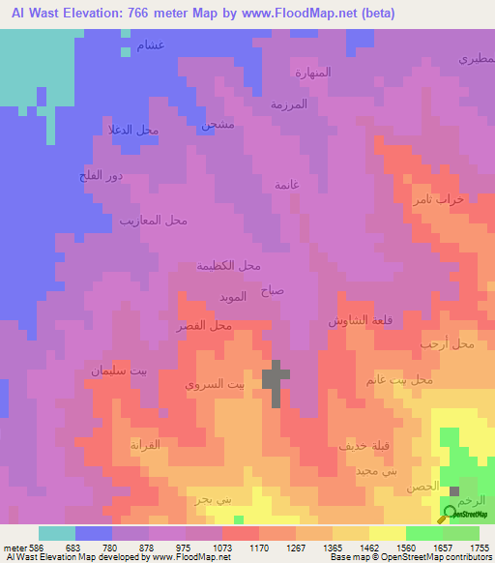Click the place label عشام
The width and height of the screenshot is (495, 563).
pos(151,45)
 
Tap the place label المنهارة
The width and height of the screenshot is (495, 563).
pos(312,73)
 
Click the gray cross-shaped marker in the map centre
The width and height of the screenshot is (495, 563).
pos(276,382)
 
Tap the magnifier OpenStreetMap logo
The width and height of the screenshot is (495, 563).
pos(451,514)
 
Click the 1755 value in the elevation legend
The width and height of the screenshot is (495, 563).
pos(480,548)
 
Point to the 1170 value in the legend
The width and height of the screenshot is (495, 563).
pos(258,548)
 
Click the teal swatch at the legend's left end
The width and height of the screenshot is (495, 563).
pos(57,533)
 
